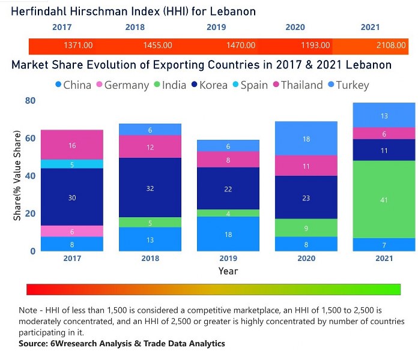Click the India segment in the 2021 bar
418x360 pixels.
pyautogui.click(x=384, y=199)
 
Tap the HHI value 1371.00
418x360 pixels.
pyautogui.click(x=78, y=46)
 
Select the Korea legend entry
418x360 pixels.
pyautogui.click(x=210, y=85)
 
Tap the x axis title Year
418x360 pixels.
pyautogui.click(x=228, y=271)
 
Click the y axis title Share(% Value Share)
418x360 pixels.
pyautogui.click(x=17, y=175)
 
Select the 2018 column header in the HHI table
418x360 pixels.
pyautogui.click(x=135, y=28)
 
